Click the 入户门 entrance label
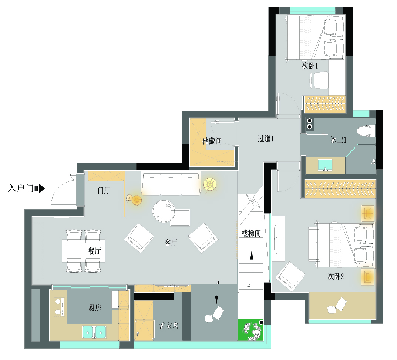point(21,189)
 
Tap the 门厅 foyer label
point(104,190)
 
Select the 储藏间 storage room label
point(212,141)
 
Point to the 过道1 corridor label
point(266,139)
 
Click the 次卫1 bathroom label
point(339,140)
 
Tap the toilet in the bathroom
point(366,131)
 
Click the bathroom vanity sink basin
point(325,165)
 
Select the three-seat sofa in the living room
point(171,184)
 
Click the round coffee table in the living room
point(164,211)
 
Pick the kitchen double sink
point(94,331)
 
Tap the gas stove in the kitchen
point(59,307)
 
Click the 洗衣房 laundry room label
point(169,326)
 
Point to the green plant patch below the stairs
point(250,330)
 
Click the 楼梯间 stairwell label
point(251,233)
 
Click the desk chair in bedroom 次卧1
point(319,80)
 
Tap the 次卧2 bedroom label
point(336,276)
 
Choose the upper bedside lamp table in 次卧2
point(368,213)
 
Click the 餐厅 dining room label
point(95,251)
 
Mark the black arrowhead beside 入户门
point(42,189)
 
